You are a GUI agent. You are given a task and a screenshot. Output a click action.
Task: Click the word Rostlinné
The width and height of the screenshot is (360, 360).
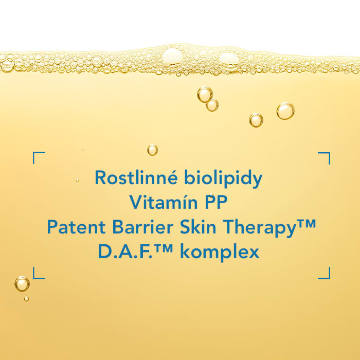click(x=136, y=177)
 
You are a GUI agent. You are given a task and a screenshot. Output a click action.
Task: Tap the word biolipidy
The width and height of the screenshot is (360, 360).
click(x=223, y=178)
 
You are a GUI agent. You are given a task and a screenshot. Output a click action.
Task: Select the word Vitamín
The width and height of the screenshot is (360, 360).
click(x=163, y=202)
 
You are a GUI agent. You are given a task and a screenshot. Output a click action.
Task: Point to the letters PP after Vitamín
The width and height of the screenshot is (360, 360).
click(x=216, y=202)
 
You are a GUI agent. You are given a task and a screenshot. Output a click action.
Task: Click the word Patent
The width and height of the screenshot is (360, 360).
click(x=76, y=227)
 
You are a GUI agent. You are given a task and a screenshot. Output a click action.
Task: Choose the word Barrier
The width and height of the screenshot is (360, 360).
click(x=142, y=227)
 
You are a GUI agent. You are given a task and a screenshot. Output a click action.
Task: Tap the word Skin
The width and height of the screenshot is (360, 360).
click(x=198, y=227)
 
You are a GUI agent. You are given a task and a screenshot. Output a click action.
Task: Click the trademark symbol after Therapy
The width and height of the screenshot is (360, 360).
click(x=307, y=224)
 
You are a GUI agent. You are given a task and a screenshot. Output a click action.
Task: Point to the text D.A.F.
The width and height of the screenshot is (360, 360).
click(x=125, y=251)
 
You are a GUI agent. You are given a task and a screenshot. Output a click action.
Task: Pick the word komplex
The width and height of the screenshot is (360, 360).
click(x=220, y=253)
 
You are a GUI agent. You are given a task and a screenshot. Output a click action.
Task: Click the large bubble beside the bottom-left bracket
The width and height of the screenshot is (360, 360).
click(x=22, y=284)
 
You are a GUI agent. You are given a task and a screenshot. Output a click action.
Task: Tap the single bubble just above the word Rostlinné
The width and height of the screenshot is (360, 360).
click(x=153, y=150)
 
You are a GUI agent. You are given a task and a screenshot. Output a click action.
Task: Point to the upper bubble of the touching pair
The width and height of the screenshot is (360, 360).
click(x=205, y=94)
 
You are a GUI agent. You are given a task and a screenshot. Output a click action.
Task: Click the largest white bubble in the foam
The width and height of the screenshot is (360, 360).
click(x=173, y=56)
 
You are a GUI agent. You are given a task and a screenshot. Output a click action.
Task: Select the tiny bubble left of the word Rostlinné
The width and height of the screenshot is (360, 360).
click(x=77, y=180)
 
